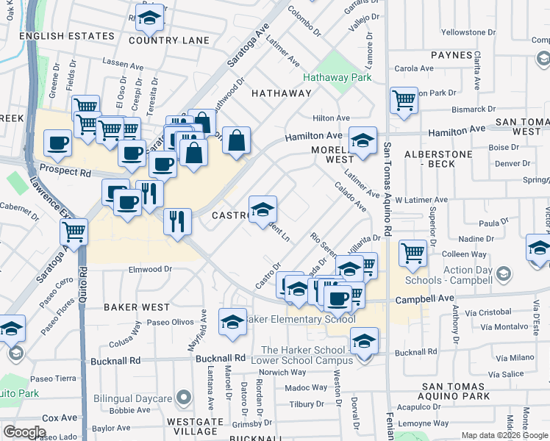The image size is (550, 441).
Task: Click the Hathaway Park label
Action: tap(340, 76)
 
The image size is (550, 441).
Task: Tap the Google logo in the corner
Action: tap(24, 432)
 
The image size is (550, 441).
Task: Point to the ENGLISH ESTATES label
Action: tap(68, 35)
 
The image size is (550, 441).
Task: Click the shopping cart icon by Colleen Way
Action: tap(413, 254)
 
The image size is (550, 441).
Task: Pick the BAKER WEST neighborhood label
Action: tap(136, 307)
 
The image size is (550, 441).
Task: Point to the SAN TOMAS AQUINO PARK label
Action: tap(454, 391)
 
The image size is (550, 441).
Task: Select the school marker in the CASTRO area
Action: tap(262, 209)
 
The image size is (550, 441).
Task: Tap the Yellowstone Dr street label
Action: tap(469, 32)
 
